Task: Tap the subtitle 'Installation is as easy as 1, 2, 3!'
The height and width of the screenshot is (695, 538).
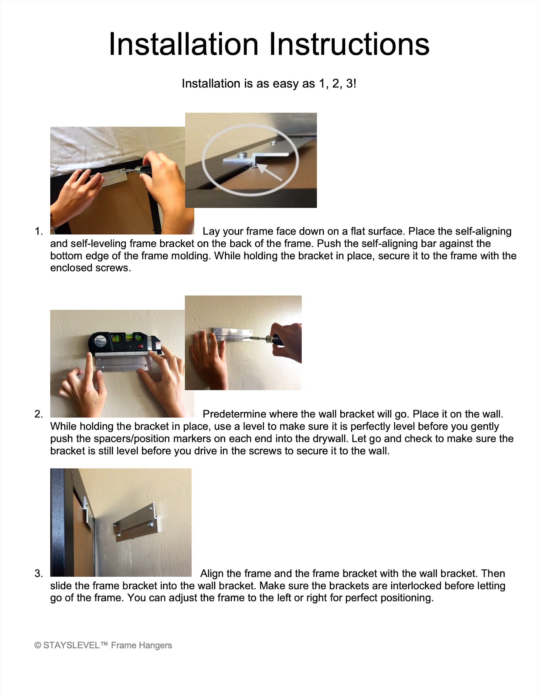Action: (x=269, y=83)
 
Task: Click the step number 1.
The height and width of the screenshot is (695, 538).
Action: (x=38, y=231)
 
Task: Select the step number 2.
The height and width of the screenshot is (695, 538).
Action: (x=38, y=414)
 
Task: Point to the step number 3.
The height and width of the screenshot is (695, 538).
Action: (x=38, y=573)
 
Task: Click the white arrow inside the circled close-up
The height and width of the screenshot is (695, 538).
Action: (x=269, y=172)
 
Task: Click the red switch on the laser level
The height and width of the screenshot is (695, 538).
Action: (x=139, y=346)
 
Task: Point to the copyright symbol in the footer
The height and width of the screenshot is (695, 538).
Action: (x=38, y=645)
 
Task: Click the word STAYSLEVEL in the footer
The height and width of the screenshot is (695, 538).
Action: (x=72, y=645)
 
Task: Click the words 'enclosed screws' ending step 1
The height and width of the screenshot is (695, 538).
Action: (x=90, y=268)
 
